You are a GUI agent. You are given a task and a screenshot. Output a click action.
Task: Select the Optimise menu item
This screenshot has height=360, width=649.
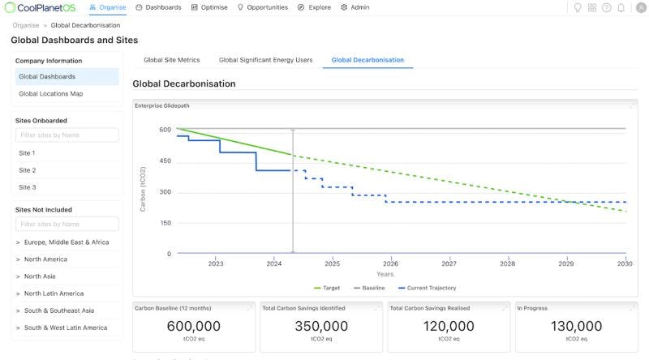pyautogui.click(x=210, y=7)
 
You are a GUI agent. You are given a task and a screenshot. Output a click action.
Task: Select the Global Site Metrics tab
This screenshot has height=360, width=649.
pyautogui.click(x=171, y=60)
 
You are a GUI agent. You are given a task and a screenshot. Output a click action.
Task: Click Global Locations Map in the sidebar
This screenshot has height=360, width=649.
pyautogui.click(x=50, y=94)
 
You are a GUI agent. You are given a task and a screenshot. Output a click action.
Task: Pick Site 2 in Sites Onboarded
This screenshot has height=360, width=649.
pyautogui.click(x=28, y=170)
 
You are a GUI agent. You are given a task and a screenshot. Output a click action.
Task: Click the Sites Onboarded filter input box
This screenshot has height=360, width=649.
pyautogui.click(x=67, y=135)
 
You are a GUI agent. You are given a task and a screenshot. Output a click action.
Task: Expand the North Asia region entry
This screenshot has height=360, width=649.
pyautogui.click(x=45, y=276)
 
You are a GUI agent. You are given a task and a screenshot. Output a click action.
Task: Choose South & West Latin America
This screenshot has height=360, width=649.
pyautogui.click(x=65, y=328)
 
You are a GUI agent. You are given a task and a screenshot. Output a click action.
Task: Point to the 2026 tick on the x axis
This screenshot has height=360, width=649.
pyautogui.click(x=390, y=264)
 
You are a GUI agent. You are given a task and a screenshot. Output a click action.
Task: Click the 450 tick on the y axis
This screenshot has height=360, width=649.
pyautogui.click(x=165, y=161)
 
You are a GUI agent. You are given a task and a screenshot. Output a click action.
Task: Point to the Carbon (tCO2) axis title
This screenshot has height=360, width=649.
pyautogui.click(x=144, y=189)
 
